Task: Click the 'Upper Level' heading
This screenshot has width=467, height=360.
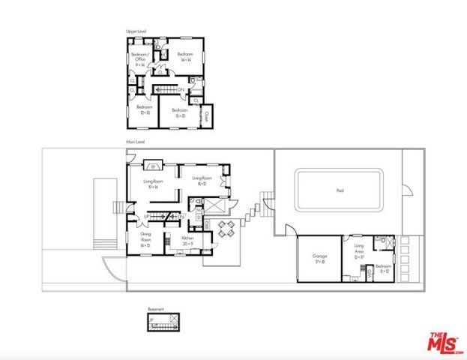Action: (136, 31)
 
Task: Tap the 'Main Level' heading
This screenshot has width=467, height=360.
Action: (135, 142)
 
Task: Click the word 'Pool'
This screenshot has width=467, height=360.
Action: (340, 190)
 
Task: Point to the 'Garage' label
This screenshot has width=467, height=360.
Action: (319, 258)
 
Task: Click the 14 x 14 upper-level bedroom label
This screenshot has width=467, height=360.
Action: (185, 57)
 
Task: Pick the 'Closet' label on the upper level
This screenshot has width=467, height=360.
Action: (206, 117)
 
